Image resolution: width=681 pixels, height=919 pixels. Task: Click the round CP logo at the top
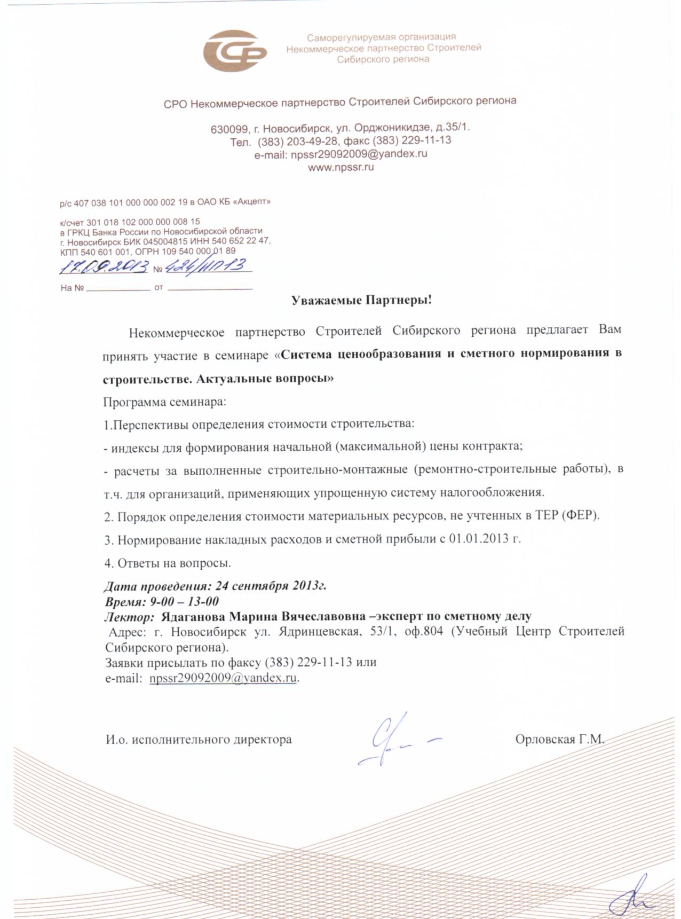[235, 52]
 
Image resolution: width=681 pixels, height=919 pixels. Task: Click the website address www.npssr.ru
[341, 167]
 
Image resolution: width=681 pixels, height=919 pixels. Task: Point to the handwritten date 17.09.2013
[103, 267]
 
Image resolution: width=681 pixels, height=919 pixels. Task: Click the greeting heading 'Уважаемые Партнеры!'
[361, 300]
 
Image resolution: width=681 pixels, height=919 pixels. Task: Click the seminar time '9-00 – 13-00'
[184, 602]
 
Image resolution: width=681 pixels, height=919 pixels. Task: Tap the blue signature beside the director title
[392, 740]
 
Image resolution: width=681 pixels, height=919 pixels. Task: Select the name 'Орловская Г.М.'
[559, 740]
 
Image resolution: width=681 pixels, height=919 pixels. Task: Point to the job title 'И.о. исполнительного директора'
[199, 740]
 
